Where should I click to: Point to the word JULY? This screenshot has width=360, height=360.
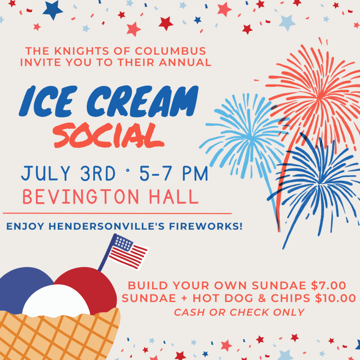coord(40,173)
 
